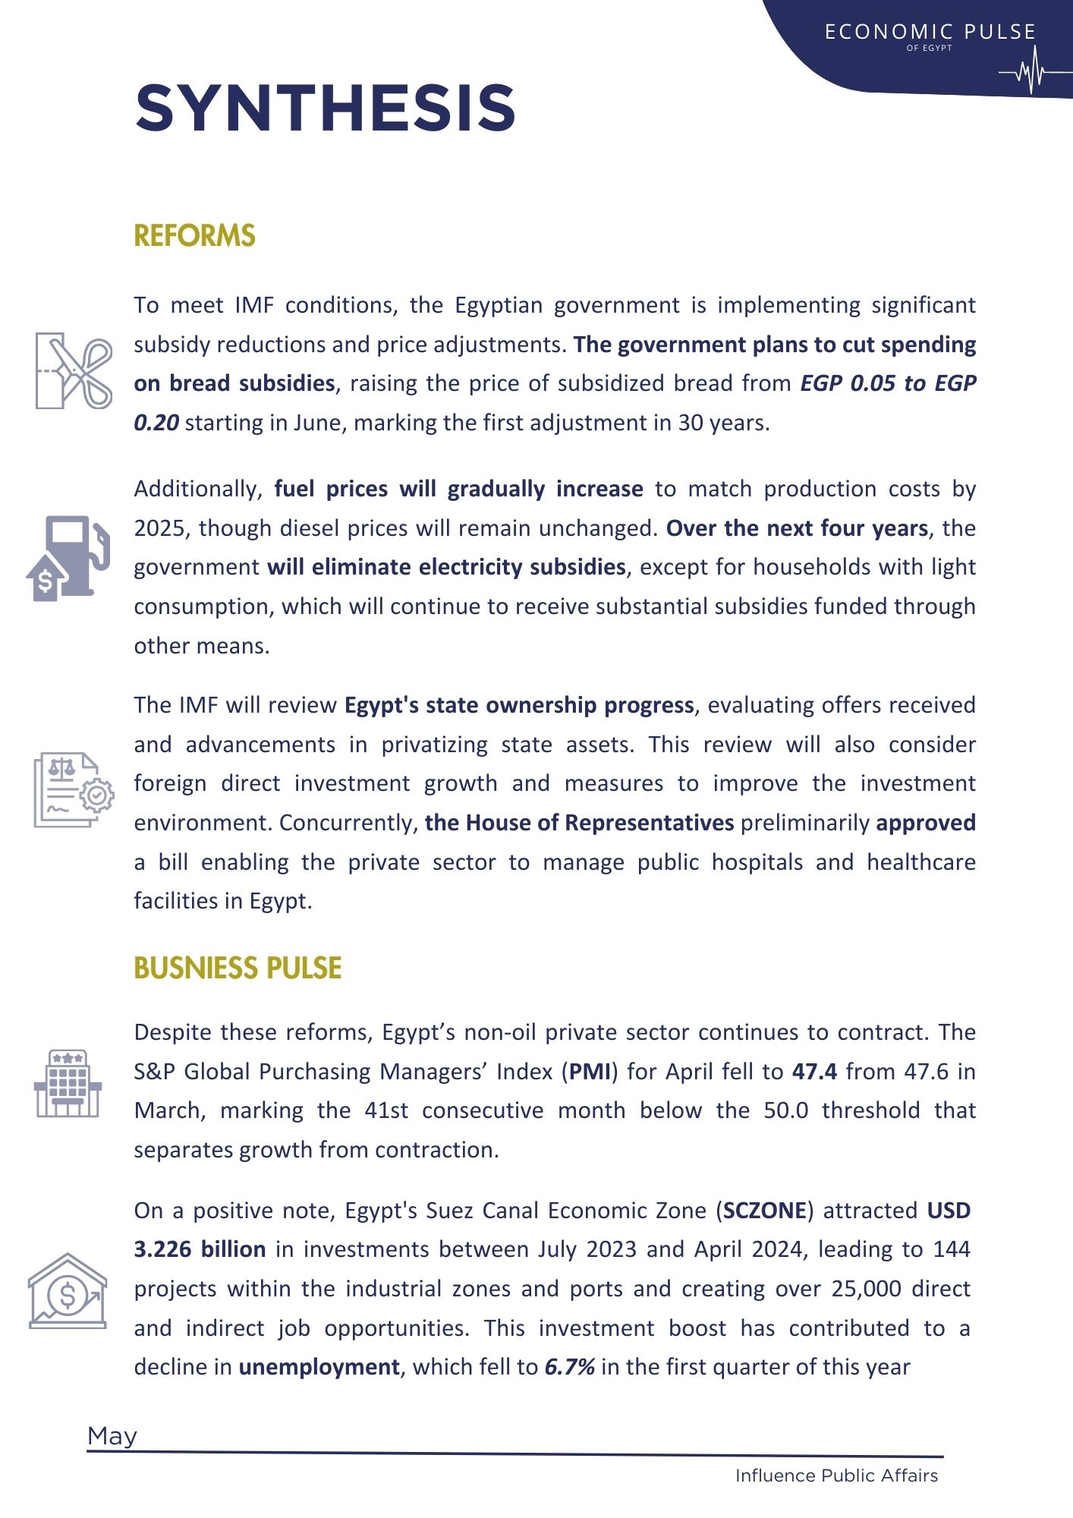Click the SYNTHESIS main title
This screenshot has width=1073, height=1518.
[x=326, y=108]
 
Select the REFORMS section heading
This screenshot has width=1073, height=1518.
[x=194, y=236]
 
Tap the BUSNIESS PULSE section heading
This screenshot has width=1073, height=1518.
[x=238, y=968]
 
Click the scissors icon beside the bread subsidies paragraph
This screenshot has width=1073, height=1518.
[x=74, y=370]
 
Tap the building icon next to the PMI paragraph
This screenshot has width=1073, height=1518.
[x=68, y=1083]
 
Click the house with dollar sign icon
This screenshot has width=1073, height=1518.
[x=67, y=1290]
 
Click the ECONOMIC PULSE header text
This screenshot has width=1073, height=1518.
[x=930, y=32]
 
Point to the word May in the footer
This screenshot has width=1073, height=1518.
[x=112, y=1436]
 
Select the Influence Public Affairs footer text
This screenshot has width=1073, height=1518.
[x=836, y=1475]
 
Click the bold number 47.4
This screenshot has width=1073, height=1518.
[x=814, y=1072]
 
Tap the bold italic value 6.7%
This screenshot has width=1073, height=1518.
[x=569, y=1367]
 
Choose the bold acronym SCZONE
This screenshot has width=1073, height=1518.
[x=764, y=1210]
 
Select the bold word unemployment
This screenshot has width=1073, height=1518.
[x=319, y=1367]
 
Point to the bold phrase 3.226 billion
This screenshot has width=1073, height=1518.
[x=200, y=1249]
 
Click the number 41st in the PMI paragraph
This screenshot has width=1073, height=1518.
[x=386, y=1110]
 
